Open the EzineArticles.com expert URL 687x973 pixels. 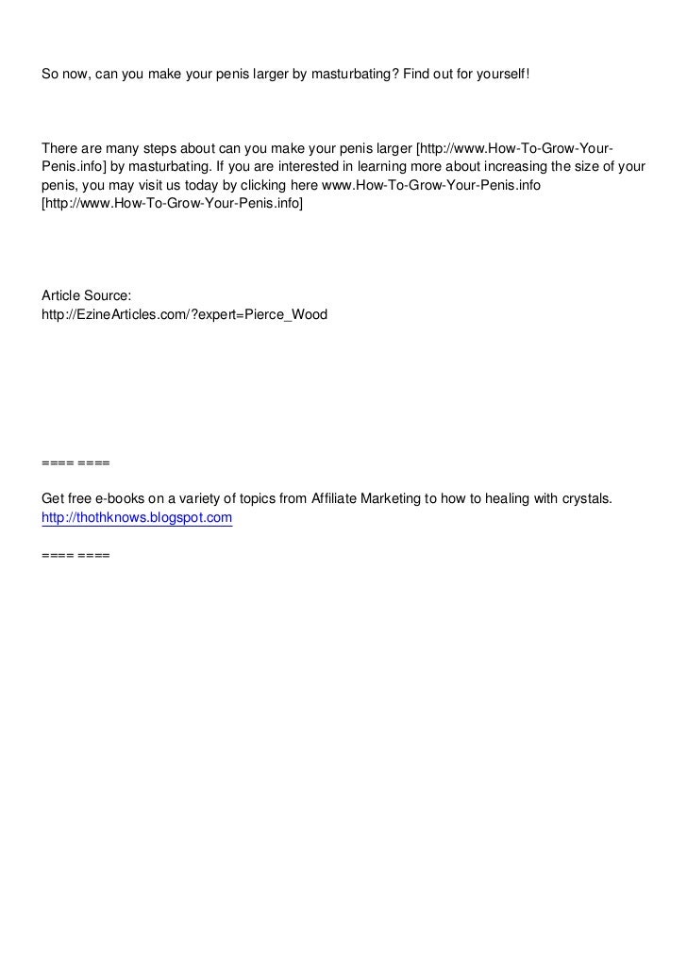pos(185,314)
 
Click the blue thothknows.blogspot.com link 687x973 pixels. pos(137,518)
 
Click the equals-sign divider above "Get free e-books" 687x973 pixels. pos(75,463)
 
